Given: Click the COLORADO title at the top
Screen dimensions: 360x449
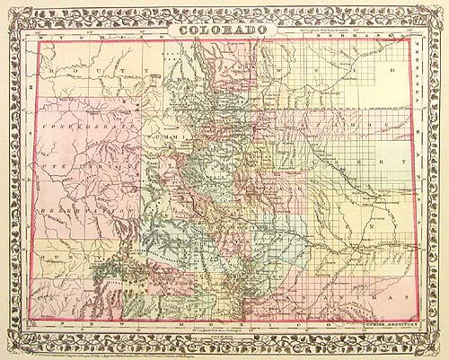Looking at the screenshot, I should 224,31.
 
